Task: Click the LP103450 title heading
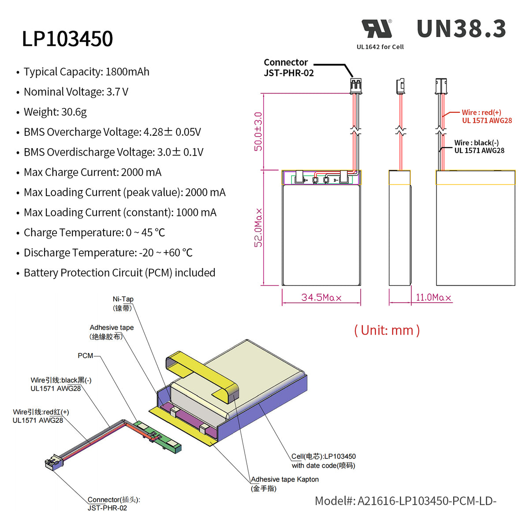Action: coord(67,39)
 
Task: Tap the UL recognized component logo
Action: coord(377,29)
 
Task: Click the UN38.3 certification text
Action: coord(461,29)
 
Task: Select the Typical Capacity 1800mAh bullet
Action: coord(86,72)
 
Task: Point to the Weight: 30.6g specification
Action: coord(55,112)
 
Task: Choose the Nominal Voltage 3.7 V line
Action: coord(76,92)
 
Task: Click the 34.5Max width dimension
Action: coord(321,298)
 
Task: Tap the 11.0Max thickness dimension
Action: coord(433,298)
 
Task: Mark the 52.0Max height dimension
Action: coord(258,227)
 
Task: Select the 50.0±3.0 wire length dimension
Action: coord(258,131)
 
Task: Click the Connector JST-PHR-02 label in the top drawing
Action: coord(288,68)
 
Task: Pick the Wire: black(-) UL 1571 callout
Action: coord(479,147)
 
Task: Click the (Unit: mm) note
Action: coord(387,330)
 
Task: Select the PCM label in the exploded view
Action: coord(85,356)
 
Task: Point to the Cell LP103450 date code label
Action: coord(323,461)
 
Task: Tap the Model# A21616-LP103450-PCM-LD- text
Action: coord(405,501)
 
